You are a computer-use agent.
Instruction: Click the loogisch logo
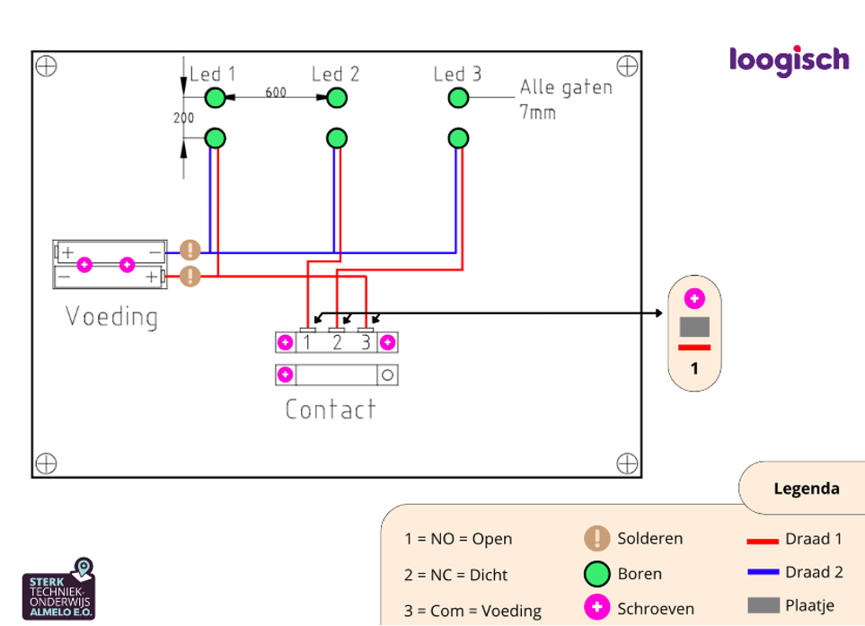coord(789,61)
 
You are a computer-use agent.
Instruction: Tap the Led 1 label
coord(213,75)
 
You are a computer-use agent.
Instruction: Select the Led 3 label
coord(457,75)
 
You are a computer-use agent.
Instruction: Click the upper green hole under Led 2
coord(336,98)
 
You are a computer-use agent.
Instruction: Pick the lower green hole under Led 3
coord(458,138)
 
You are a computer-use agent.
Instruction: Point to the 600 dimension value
coord(275,93)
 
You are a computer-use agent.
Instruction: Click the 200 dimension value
coord(183,118)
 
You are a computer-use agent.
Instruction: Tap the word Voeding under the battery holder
coord(111,317)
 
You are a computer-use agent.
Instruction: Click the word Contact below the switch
coord(331,410)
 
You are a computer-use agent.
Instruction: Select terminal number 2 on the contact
coord(337,342)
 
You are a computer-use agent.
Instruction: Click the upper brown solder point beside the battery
coord(190,251)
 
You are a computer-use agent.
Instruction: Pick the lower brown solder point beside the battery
coord(190,276)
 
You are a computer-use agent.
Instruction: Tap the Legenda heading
coord(806,489)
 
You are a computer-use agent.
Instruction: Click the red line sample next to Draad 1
coord(762,541)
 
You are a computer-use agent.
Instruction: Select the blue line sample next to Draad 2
coord(762,572)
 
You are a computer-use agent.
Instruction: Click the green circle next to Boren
coord(596,574)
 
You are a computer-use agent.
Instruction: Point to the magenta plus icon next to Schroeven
coord(596,608)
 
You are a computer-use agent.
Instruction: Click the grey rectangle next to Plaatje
coord(762,606)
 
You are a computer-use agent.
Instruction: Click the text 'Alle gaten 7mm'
coord(565,100)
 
